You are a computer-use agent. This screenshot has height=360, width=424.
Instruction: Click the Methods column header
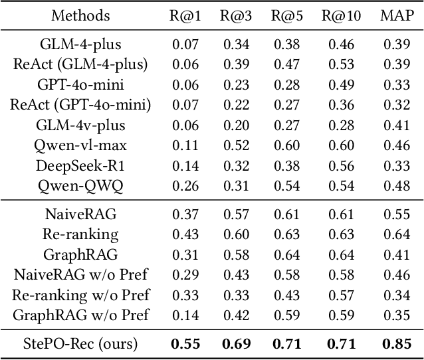[80, 15]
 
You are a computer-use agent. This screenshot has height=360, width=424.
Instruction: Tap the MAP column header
[397, 15]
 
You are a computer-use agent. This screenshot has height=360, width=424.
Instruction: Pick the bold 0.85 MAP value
[397, 343]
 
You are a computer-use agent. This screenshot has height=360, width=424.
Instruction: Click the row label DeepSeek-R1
[80, 165]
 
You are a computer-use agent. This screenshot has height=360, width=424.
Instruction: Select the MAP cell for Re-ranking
[397, 234]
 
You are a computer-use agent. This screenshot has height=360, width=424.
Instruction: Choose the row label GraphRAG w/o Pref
[80, 314]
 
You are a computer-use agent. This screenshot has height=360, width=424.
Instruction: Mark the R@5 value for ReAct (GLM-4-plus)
[288, 64]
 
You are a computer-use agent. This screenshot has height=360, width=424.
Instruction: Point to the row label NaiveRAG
[80, 214]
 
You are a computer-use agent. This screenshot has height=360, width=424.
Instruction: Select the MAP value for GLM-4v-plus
[397, 125]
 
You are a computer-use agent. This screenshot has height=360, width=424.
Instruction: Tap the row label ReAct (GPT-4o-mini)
[80, 104]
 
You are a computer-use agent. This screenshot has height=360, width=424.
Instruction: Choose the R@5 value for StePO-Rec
[288, 343]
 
